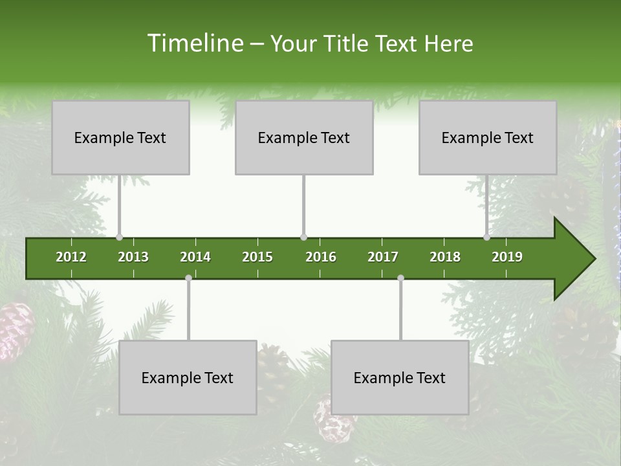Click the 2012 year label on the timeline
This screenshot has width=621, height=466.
click(x=71, y=257)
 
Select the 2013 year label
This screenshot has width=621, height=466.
click(x=133, y=257)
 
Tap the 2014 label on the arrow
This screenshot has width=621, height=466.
click(x=195, y=257)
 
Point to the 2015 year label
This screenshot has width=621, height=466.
click(x=257, y=257)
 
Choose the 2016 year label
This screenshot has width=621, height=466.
click(x=321, y=257)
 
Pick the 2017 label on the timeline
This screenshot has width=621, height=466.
click(x=383, y=257)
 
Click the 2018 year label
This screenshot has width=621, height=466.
click(x=445, y=257)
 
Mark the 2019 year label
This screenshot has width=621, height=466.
click(x=507, y=257)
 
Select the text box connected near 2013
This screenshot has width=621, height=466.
click(x=120, y=137)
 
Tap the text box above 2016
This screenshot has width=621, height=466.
click(x=304, y=137)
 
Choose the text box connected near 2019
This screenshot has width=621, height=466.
click(x=488, y=137)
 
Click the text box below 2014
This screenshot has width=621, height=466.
click(x=188, y=377)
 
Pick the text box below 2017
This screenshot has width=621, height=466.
click(x=400, y=377)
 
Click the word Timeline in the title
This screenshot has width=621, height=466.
click(x=194, y=43)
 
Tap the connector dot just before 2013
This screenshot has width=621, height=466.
click(x=119, y=238)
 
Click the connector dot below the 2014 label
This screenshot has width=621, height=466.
click(x=188, y=278)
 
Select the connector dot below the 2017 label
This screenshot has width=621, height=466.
click(x=400, y=278)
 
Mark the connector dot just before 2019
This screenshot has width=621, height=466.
click(x=486, y=238)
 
